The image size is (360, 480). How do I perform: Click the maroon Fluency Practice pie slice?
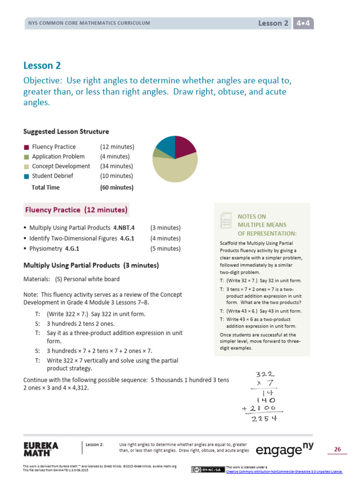184,148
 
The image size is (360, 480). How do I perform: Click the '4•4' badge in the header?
303,23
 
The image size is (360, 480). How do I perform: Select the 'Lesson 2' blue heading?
42,66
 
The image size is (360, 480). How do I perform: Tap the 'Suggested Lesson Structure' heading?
66,131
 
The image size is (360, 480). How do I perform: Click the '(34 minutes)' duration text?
117,166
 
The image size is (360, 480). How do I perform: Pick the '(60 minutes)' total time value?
117,187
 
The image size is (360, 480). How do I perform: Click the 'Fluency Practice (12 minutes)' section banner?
76,210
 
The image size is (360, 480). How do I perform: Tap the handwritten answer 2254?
266,419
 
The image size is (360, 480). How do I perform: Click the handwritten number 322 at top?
265,375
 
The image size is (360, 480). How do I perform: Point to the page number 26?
337,450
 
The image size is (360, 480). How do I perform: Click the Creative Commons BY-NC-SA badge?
208,469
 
